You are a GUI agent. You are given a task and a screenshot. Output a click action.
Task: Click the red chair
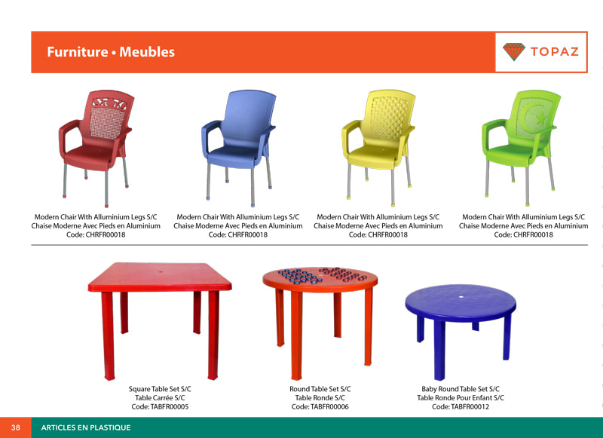(x=94, y=139)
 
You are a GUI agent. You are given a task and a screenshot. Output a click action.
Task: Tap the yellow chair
(x=377, y=139)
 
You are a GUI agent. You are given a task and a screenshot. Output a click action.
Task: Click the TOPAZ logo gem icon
(x=514, y=52)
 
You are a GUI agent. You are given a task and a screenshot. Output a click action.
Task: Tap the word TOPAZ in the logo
(x=554, y=52)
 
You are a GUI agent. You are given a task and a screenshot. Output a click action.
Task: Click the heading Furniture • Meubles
(x=111, y=52)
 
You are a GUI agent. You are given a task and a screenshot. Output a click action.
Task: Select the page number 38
(x=15, y=427)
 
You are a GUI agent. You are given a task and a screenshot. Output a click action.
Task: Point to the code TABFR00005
(x=160, y=407)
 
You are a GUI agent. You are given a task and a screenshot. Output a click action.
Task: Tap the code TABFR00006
(x=320, y=407)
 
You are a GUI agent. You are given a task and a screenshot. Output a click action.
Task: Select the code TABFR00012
(x=461, y=407)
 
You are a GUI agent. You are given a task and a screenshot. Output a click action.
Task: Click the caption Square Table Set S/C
(x=160, y=389)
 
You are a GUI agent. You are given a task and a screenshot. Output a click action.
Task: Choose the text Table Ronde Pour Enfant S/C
(x=461, y=398)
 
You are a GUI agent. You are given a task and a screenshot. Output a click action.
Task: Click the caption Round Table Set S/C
(x=320, y=389)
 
